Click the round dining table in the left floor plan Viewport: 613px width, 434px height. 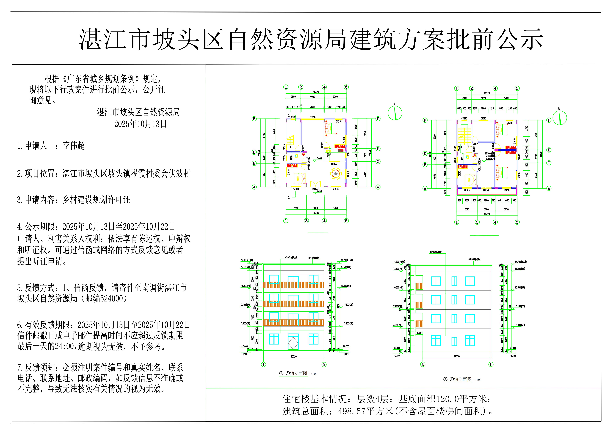click(336, 174)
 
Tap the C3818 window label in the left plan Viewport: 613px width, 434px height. click(312, 117)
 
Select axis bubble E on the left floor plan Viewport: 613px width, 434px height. click(378, 149)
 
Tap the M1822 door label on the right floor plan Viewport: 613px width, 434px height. click(486, 190)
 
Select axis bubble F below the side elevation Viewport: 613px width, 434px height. click(491, 365)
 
